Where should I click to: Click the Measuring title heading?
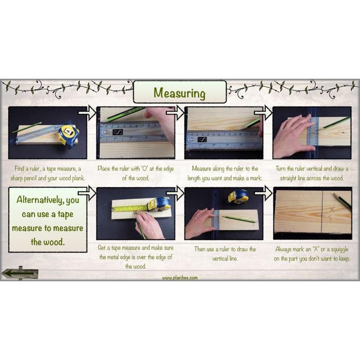180,93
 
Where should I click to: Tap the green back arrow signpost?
20,273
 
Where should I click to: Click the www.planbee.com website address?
180,278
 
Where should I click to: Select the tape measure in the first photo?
68,134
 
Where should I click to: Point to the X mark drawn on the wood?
332,209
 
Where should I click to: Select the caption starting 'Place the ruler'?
135,173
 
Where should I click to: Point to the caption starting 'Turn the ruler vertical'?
312,173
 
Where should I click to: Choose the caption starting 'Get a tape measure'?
135,257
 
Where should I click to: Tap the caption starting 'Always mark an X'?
312,253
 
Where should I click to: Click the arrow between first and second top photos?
90,112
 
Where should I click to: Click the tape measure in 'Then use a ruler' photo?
238,197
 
